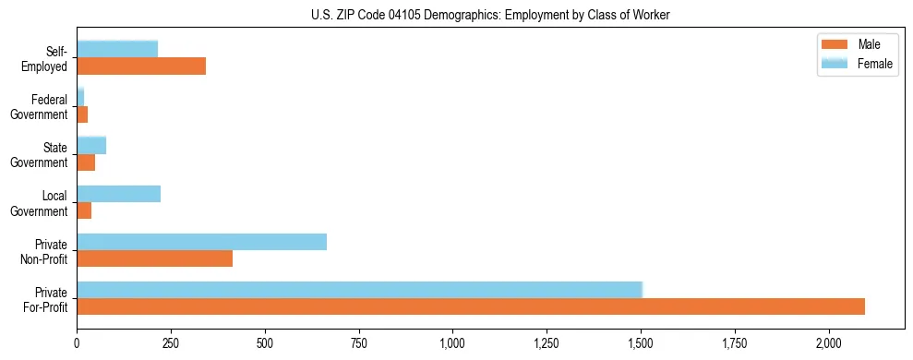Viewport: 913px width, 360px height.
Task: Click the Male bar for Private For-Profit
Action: pyautogui.click(x=471, y=307)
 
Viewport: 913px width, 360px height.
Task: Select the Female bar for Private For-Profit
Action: pyautogui.click(x=359, y=290)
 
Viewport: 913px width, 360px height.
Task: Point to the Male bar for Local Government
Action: pyautogui.click(x=84, y=211)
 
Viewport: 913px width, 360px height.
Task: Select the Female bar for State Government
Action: pyautogui.click(x=91, y=146)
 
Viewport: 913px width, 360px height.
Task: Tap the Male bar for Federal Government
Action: pyautogui.click(x=82, y=114)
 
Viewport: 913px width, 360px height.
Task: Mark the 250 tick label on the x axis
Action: pyautogui.click(x=171, y=342)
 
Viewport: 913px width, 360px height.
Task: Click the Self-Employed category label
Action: pyautogui.click(x=48, y=58)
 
